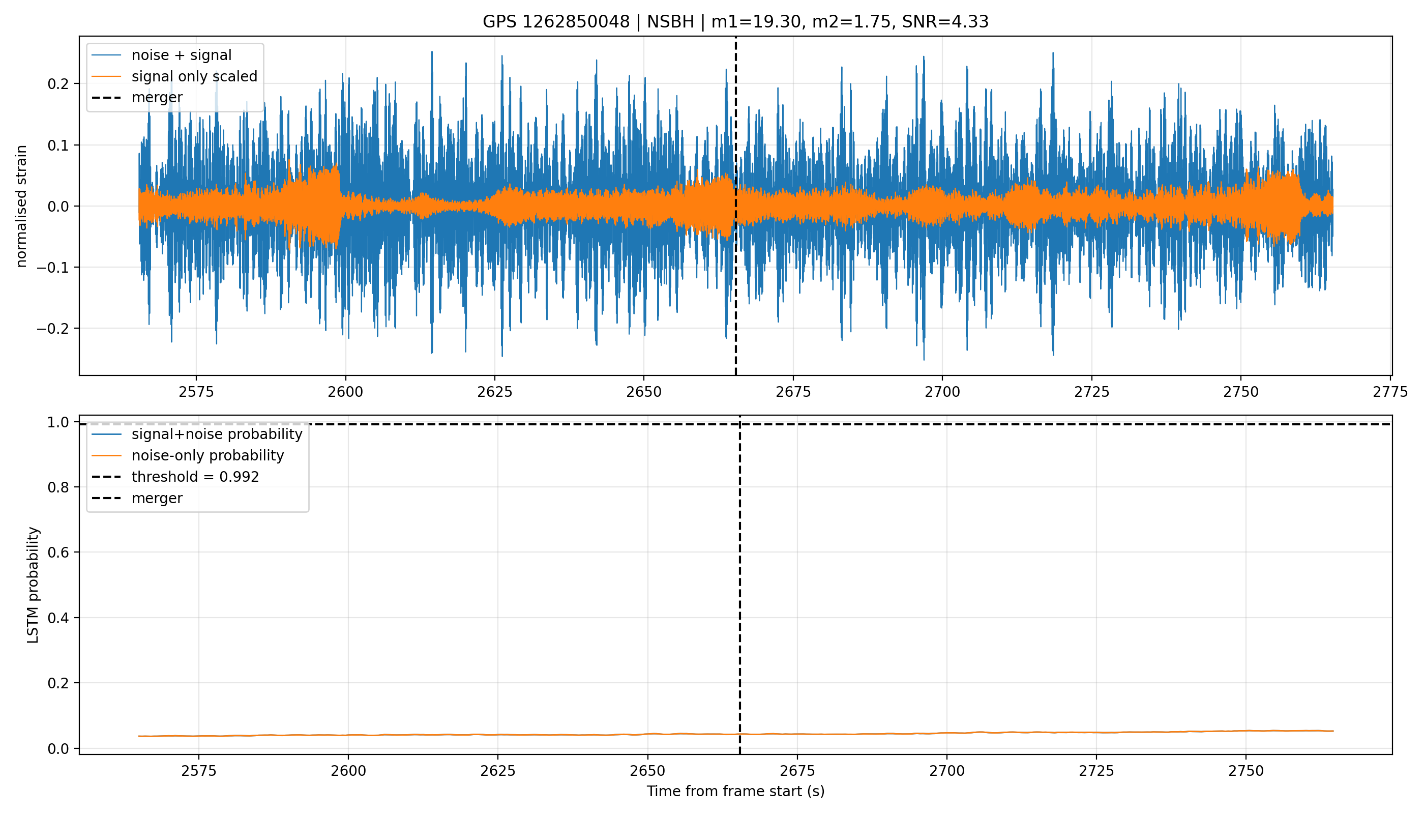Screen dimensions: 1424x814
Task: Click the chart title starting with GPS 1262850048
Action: pos(735,22)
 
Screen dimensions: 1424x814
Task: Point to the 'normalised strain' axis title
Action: pos(21,206)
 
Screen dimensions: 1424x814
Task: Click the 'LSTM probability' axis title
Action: pos(33,585)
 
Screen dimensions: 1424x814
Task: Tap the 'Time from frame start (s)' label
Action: pos(735,792)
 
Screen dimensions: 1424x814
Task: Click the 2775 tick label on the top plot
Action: pos(1390,392)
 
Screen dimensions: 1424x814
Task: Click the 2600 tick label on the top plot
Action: pos(345,392)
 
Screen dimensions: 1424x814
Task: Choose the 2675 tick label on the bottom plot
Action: pos(797,771)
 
